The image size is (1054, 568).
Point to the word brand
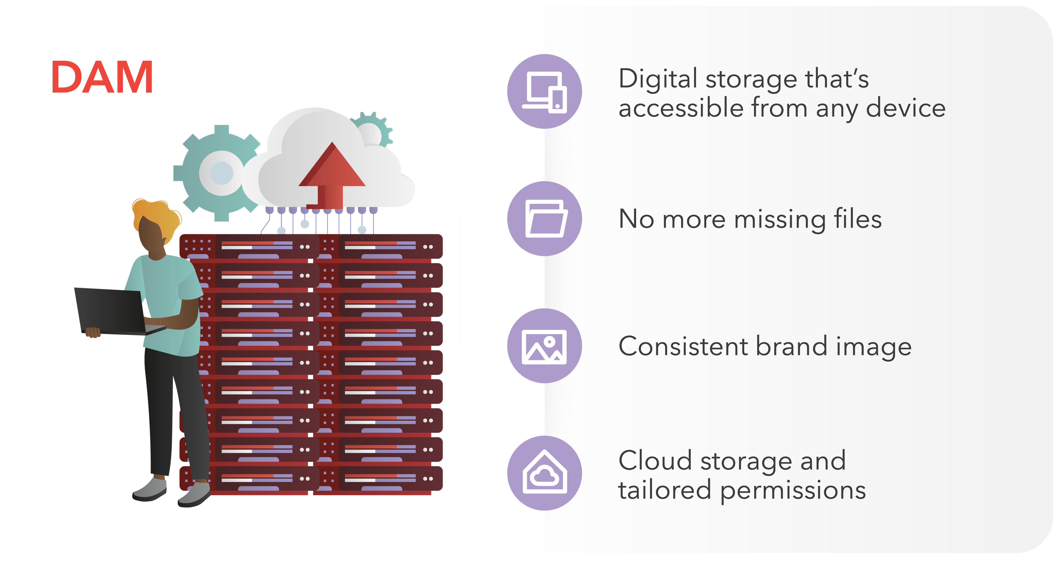coord(792,346)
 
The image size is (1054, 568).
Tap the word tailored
coord(665,490)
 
